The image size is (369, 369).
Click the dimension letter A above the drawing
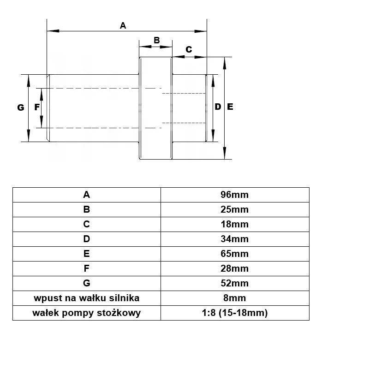[123, 25]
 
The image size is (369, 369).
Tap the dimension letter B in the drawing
[157, 40]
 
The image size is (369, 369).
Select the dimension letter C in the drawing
[189, 49]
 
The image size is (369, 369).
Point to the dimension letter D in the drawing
[218, 107]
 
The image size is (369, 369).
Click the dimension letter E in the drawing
[230, 107]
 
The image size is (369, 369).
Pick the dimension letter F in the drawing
[37, 107]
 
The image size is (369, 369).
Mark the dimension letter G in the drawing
[21, 107]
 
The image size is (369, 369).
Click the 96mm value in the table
[235, 195]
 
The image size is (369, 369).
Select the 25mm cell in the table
[235, 209]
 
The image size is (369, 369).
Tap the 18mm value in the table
[235, 224]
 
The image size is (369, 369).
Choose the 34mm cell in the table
[235, 239]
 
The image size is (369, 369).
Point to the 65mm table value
[235, 254]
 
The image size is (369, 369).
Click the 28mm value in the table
[235, 268]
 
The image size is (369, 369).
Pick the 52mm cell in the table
[235, 283]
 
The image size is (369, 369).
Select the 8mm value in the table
[235, 298]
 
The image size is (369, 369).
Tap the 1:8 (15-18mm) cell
[235, 313]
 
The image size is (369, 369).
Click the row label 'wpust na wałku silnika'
[87, 298]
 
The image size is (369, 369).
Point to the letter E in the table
[87, 254]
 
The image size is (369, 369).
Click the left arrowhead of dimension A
[53, 31]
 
